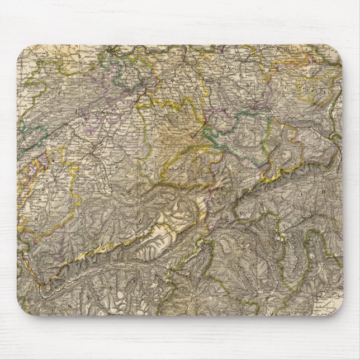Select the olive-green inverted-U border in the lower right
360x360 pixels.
pos(302,263)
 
